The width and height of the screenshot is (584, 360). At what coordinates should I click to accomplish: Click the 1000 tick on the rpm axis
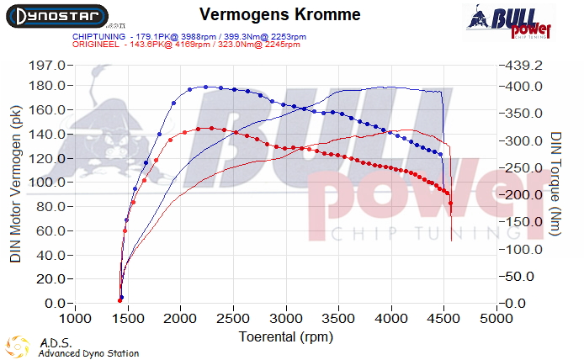pyautogui.click(x=76, y=320)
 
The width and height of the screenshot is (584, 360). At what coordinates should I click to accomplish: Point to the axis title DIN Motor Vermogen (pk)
pyautogui.click(x=16, y=184)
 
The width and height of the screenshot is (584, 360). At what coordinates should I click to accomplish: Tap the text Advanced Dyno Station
pyautogui.click(x=88, y=353)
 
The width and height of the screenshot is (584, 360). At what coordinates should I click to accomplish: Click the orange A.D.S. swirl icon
pyautogui.click(x=17, y=347)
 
